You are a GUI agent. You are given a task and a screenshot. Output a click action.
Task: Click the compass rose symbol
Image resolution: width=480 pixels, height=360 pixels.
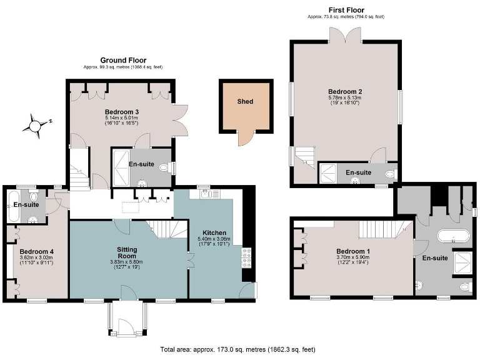click(35, 124)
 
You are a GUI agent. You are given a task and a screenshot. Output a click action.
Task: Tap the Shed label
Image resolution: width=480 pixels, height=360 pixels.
click(245, 101)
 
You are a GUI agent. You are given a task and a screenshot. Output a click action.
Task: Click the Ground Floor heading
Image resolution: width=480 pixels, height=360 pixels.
click(123, 61)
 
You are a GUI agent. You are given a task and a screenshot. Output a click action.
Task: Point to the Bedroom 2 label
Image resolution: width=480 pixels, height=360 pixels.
click(346, 91)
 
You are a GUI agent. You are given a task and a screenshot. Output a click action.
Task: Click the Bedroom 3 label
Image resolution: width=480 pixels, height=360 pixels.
click(121, 112)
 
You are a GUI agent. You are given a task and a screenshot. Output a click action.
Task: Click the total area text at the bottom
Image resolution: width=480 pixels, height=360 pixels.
click(242, 349)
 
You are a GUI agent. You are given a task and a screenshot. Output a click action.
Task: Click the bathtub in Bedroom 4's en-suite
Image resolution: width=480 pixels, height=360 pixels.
click(13, 204)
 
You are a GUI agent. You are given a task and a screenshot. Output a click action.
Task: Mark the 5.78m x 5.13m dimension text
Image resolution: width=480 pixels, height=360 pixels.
click(346, 98)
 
